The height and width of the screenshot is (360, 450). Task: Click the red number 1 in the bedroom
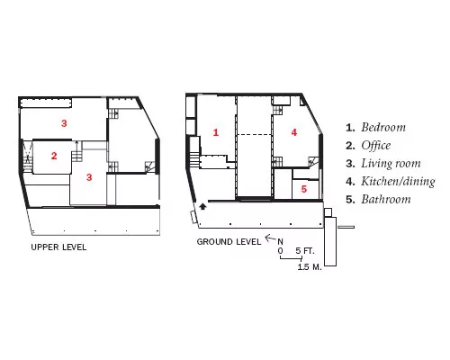216,132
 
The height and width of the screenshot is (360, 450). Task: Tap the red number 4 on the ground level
294,132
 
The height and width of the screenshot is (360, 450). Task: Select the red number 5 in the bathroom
304,189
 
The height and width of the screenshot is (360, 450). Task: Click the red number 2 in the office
54,156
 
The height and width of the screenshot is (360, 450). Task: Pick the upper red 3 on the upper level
64,123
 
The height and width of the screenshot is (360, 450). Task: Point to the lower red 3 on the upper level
89,177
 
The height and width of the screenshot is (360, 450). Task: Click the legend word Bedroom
383,127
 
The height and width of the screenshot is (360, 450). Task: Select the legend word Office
376,146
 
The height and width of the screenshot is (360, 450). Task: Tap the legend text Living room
391,164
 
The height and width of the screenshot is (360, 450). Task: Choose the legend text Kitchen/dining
398,182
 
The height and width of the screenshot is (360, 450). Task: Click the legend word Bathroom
386,199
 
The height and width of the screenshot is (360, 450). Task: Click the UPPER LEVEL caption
58,247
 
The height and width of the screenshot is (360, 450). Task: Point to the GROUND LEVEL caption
229,242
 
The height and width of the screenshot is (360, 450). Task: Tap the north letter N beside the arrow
280,242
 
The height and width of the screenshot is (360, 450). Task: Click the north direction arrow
270,238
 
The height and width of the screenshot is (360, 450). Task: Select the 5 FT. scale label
305,251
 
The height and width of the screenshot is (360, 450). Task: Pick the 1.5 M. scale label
310,266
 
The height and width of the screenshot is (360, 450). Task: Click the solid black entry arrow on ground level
203,206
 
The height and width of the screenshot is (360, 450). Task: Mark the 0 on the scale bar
280,251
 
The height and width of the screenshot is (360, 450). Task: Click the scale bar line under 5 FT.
291,258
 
